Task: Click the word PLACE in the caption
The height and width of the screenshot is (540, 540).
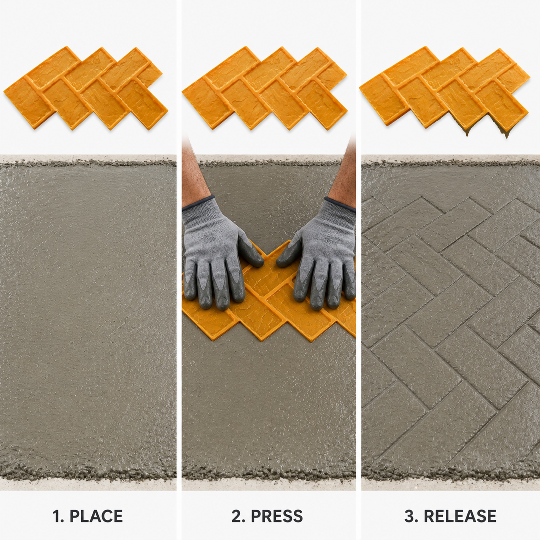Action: [96, 516]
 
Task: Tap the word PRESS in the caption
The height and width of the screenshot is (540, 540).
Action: [277, 516]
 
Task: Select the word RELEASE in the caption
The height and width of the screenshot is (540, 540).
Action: [460, 516]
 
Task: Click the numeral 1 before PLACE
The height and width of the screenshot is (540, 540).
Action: [57, 516]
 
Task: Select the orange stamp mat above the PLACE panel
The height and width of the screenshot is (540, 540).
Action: [86, 88]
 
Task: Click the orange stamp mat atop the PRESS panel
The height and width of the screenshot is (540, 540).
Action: [264, 88]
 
